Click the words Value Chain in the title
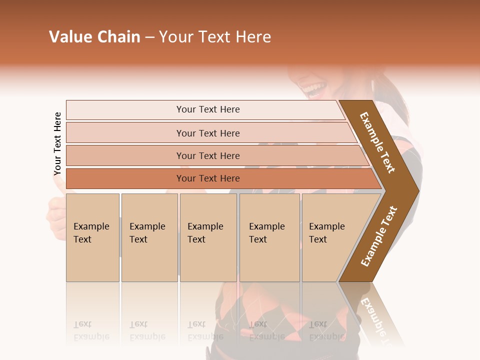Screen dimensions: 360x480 click(94, 37)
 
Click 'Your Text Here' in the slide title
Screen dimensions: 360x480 click(215, 37)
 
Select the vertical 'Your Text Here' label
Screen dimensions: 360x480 click(58, 144)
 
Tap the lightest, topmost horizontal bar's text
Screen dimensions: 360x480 click(208, 109)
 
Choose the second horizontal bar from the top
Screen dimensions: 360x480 click(208, 133)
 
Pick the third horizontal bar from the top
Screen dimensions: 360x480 click(208, 155)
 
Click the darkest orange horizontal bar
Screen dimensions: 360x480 click(208, 178)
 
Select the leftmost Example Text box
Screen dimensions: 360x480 click(92, 237)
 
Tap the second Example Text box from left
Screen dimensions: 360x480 click(149, 237)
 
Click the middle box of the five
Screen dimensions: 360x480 click(208, 237)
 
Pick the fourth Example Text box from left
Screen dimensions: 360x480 click(269, 237)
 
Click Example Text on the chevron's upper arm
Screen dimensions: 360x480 click(377, 142)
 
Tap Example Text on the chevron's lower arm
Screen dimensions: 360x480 click(379, 236)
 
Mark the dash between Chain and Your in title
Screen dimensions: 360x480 click(149, 37)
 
